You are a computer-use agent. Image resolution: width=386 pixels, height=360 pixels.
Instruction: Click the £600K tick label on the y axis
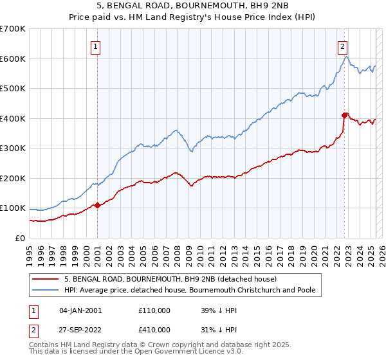[x=13, y=59]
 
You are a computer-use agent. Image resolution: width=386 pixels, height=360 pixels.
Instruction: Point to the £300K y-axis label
[x=13, y=148]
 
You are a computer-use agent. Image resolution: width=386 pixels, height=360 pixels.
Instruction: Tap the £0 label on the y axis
[x=21, y=239]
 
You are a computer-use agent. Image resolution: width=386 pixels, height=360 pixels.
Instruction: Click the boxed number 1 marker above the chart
[x=95, y=46]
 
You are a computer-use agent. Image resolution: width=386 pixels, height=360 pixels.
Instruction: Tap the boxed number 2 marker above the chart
[x=343, y=46]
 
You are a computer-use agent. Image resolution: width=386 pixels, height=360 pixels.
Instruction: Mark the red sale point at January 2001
[x=97, y=205]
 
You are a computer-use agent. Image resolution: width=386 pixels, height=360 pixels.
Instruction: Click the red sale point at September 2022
[x=344, y=115]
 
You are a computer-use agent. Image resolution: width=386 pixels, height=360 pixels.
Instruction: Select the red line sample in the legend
[x=46, y=279]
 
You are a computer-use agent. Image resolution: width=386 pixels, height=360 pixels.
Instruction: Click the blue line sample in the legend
[x=46, y=290]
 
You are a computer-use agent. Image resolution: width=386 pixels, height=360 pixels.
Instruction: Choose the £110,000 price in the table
[x=154, y=310]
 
